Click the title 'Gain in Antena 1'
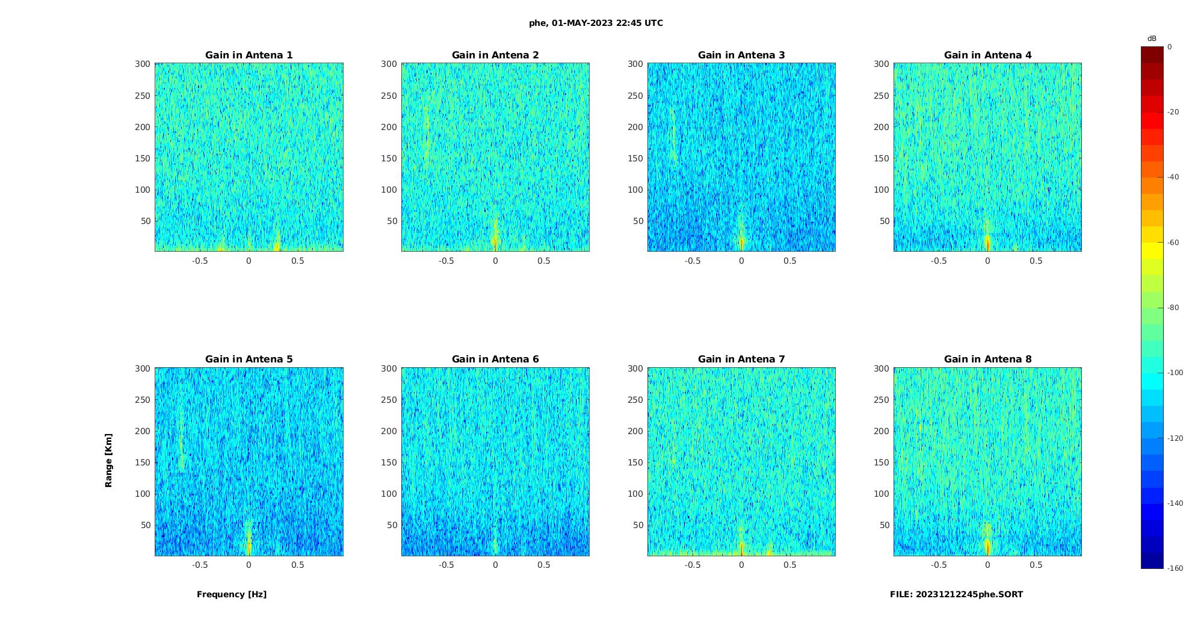pyautogui.click(x=249, y=55)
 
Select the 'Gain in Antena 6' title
pyautogui.click(x=495, y=359)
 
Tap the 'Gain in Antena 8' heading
pyautogui.click(x=987, y=359)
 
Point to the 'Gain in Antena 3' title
pyautogui.click(x=741, y=55)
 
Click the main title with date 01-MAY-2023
pyautogui.click(x=596, y=23)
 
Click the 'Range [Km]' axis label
pyautogui.click(x=109, y=461)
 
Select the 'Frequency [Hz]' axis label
pyautogui.click(x=232, y=594)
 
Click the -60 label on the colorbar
pyautogui.click(x=1173, y=243)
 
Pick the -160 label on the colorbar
pyautogui.click(x=1175, y=568)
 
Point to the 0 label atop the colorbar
pyautogui.click(x=1170, y=47)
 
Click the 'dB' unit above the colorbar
pyautogui.click(x=1152, y=39)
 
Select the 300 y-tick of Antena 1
pyautogui.click(x=142, y=64)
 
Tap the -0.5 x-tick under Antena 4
pyautogui.click(x=939, y=261)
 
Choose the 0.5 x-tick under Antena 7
pyautogui.click(x=790, y=565)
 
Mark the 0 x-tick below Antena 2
pyautogui.click(x=495, y=261)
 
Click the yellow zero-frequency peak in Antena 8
pyautogui.click(x=987, y=545)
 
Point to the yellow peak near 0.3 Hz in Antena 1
pyautogui.click(x=277, y=242)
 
